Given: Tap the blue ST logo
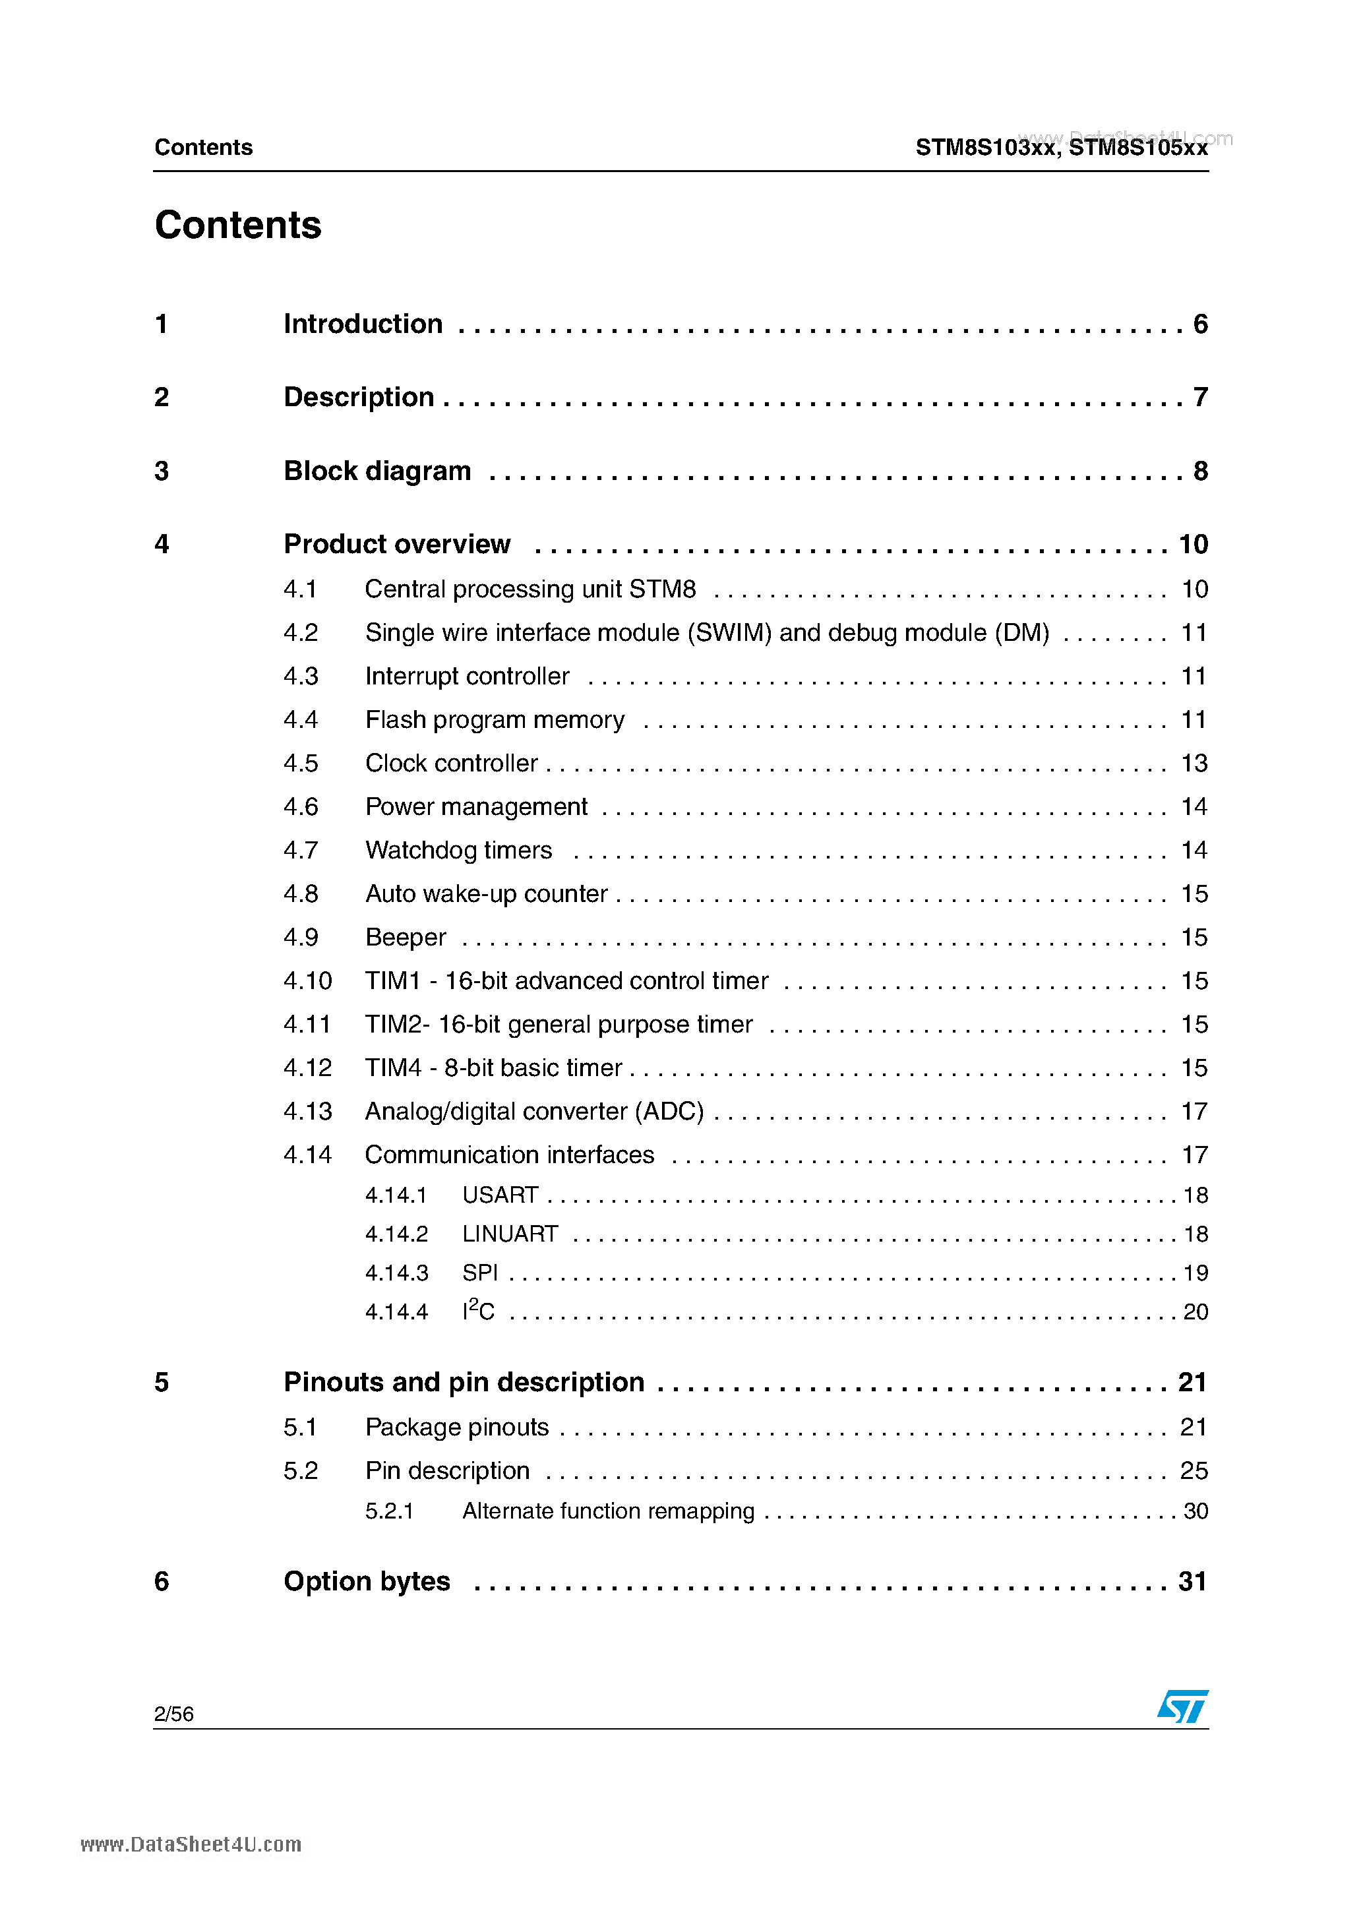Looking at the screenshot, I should tap(1182, 1706).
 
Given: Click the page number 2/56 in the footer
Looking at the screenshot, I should tap(174, 1714).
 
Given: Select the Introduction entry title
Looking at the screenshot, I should tap(363, 324).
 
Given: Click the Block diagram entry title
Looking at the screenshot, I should tap(377, 471).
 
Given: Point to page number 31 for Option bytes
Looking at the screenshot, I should tap(1192, 1581).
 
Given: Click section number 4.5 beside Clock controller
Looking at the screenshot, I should tap(301, 764).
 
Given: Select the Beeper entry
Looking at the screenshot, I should tap(406, 937).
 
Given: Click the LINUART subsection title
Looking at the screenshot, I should tap(510, 1234).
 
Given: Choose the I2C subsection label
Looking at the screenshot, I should tap(478, 1311).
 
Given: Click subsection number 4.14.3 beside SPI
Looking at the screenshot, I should tap(396, 1273).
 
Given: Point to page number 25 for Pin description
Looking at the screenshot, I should tap(1194, 1470).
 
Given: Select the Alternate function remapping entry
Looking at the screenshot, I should tap(608, 1511).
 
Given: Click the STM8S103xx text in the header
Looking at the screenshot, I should tap(985, 148).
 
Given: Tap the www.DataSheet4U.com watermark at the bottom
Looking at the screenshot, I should tap(191, 1845).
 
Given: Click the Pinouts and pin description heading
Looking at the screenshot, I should tap(464, 1382).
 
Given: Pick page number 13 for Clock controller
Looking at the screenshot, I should tap(1194, 764).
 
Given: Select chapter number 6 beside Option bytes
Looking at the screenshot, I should tap(162, 1581).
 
